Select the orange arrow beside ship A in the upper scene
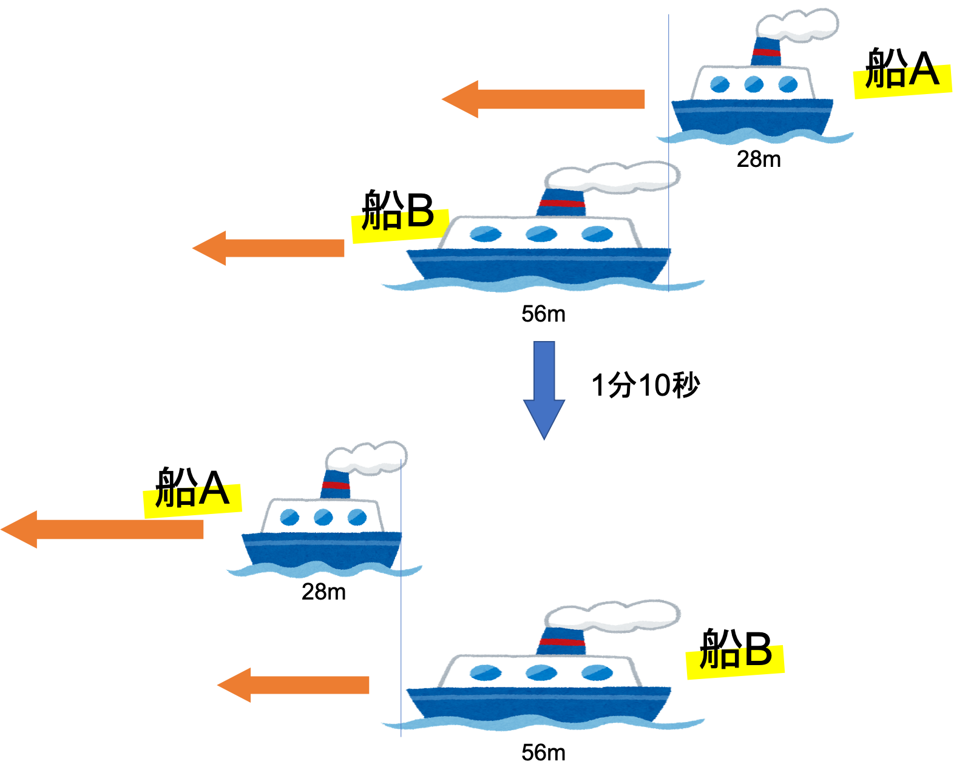(546, 99)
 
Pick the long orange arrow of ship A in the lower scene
(103, 529)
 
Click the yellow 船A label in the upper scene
(902, 79)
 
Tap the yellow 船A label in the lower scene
(192, 499)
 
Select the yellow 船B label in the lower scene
(735, 660)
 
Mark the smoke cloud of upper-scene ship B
(613, 177)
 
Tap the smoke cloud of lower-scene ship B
(613, 615)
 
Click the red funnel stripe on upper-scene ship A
(766, 53)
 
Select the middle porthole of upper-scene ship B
(541, 234)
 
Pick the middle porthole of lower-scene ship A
(323, 518)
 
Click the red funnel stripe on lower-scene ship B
(561, 641)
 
